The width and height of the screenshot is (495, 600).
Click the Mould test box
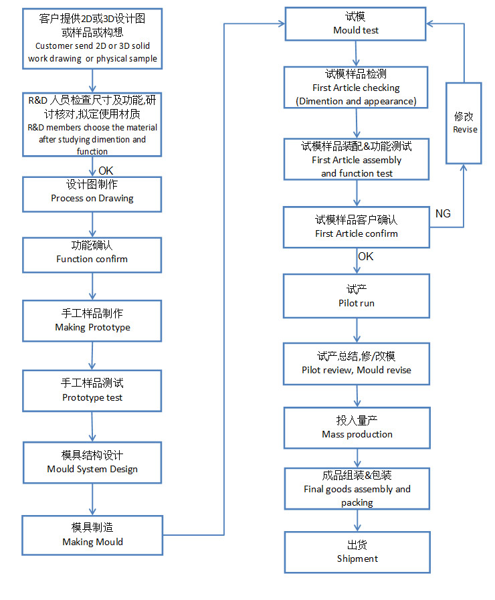355,23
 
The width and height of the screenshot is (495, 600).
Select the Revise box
464,123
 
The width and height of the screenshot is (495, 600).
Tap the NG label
443,213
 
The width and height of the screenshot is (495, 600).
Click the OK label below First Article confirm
366,256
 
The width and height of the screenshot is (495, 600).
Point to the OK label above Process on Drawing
106,171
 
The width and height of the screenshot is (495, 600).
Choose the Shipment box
357,552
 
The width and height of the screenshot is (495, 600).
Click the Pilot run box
357,296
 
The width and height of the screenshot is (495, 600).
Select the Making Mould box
92,535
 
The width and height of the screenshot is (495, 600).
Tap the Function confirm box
92,255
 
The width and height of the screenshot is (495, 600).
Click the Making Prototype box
92,320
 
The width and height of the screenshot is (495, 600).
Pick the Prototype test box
92,391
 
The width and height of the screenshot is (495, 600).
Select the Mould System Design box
92,463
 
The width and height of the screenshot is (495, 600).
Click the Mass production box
357,428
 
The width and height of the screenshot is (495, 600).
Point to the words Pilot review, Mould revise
357,370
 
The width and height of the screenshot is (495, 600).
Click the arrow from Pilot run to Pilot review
357,330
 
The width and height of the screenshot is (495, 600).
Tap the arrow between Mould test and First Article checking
356,54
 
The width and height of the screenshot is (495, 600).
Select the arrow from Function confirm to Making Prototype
92,286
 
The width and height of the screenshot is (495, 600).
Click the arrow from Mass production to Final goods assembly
357,458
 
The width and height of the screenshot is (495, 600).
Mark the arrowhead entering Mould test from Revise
430,23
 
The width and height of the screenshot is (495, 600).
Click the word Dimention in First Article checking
321,102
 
